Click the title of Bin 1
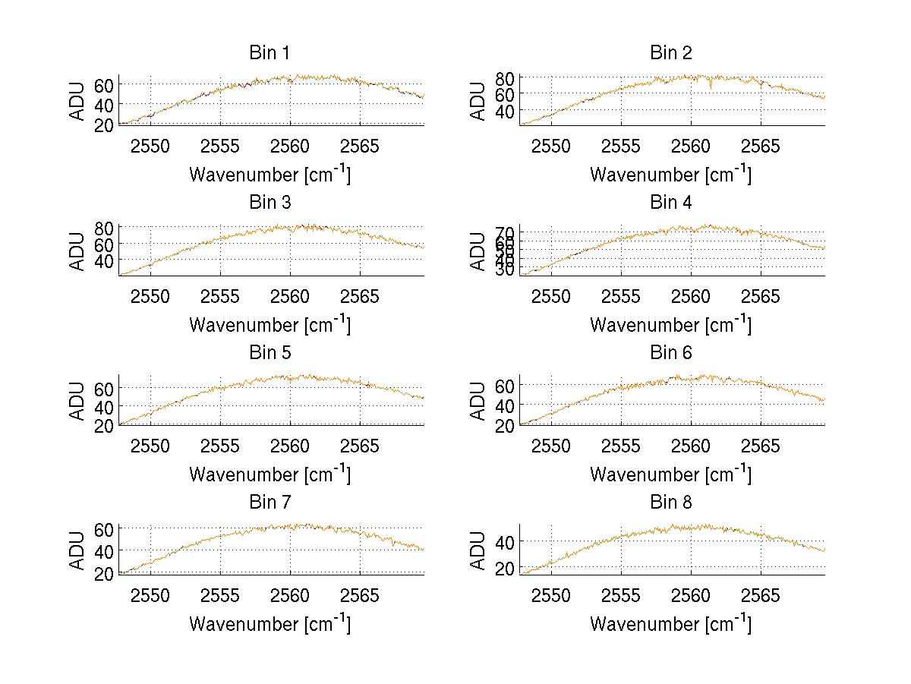(270, 53)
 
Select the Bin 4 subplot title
(671, 203)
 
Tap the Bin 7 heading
(270, 503)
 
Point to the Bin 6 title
(671, 353)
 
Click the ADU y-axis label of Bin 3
(78, 251)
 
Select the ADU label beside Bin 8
(479, 550)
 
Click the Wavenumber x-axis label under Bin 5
(270, 475)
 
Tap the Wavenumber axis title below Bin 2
(671, 175)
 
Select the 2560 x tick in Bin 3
(290, 295)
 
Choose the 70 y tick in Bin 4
(506, 232)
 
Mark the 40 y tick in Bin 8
(506, 541)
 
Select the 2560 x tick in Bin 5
(290, 446)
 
